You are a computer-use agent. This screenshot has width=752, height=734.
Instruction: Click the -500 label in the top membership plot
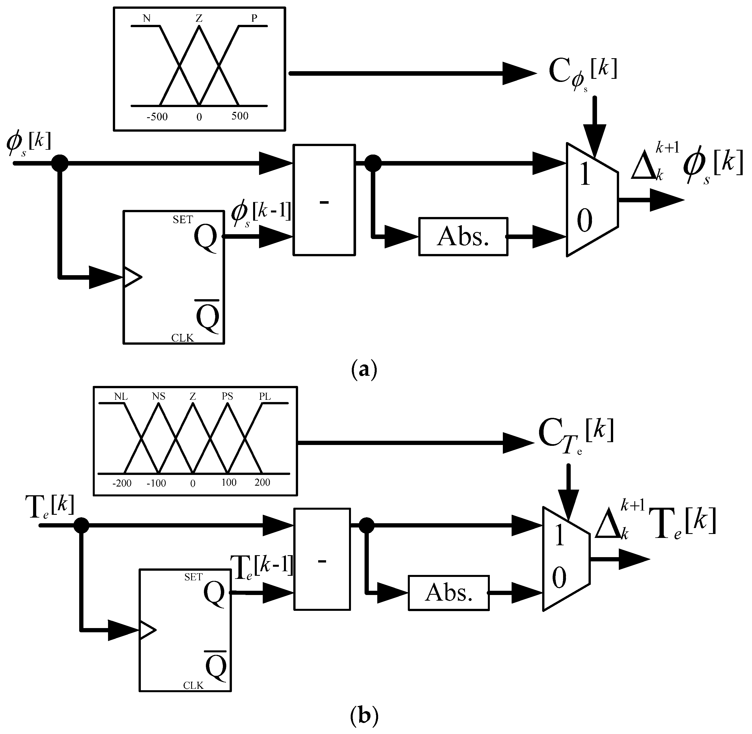click(x=157, y=117)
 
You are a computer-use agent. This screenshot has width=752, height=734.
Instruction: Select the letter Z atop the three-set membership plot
click(x=199, y=18)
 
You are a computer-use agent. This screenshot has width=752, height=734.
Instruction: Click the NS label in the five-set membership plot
click(x=159, y=396)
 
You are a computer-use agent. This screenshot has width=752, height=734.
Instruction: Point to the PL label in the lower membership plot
click(x=265, y=396)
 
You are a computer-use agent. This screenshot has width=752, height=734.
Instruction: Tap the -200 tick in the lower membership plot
click(x=122, y=483)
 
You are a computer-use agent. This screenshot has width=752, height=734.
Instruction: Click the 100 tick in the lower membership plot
click(x=229, y=482)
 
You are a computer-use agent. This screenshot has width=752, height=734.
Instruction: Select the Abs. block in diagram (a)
click(x=463, y=236)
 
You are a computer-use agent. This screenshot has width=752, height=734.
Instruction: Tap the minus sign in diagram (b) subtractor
click(x=322, y=561)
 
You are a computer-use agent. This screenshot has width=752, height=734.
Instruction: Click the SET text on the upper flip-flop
click(x=182, y=220)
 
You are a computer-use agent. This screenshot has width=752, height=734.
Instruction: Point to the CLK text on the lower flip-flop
click(x=193, y=685)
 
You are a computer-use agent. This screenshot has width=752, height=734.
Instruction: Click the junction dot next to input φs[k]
click(x=60, y=163)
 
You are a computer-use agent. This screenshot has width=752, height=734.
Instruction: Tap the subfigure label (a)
click(x=364, y=369)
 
